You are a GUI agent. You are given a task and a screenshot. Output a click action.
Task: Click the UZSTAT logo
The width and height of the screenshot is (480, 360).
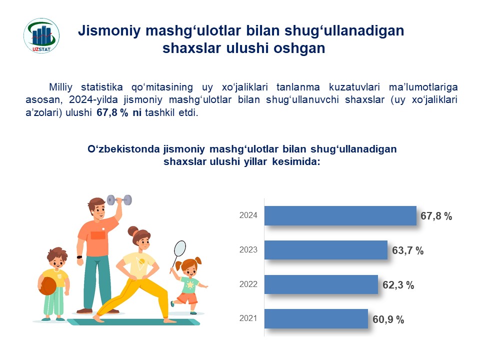pyautogui.click(x=41, y=35)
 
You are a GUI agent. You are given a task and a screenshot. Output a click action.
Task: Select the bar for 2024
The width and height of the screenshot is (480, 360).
pyautogui.click(x=340, y=216)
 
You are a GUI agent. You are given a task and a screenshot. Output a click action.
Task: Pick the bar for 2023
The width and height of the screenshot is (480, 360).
pyautogui.click(x=326, y=250)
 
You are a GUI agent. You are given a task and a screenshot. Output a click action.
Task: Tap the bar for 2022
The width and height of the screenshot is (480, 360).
pyautogui.click(x=321, y=284)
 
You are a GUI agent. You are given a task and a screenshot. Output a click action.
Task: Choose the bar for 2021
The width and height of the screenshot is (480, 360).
pyautogui.click(x=316, y=318)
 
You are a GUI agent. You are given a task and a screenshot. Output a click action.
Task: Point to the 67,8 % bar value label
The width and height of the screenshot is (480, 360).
pyautogui.click(x=436, y=216)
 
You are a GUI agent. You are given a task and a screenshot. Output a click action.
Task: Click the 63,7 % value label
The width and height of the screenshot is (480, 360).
pyautogui.click(x=408, y=250)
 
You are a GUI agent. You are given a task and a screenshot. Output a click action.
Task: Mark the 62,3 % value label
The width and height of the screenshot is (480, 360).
pyautogui.click(x=398, y=285)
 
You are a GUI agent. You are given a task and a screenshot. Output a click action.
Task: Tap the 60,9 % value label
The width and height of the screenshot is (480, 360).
pyautogui.click(x=388, y=319)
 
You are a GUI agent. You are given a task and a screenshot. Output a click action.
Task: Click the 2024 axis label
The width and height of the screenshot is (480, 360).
pyautogui.click(x=248, y=215)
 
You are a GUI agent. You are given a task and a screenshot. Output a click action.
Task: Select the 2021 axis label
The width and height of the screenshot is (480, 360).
pyautogui.click(x=248, y=318)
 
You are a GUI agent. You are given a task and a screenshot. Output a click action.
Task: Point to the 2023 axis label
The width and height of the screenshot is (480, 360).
pyautogui.click(x=248, y=250)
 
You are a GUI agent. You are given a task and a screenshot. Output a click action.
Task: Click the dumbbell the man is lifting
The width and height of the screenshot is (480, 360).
pyautogui.click(x=119, y=200)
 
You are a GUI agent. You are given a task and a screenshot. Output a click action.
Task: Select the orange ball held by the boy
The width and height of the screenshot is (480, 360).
pyautogui.click(x=47, y=286)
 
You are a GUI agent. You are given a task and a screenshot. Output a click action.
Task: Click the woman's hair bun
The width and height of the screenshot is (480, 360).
pyautogui.click(x=133, y=231)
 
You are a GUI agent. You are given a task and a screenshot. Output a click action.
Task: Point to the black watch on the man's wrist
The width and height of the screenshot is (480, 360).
pyautogui.click(x=79, y=257)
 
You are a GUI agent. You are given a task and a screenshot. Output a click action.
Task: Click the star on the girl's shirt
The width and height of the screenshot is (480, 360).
pyautogui.click(x=190, y=285)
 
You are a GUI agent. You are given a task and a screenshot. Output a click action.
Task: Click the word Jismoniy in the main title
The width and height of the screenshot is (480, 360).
pyautogui.click(x=109, y=31)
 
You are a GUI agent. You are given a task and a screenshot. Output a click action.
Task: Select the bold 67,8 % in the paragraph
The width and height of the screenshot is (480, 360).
pyautogui.click(x=112, y=112)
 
